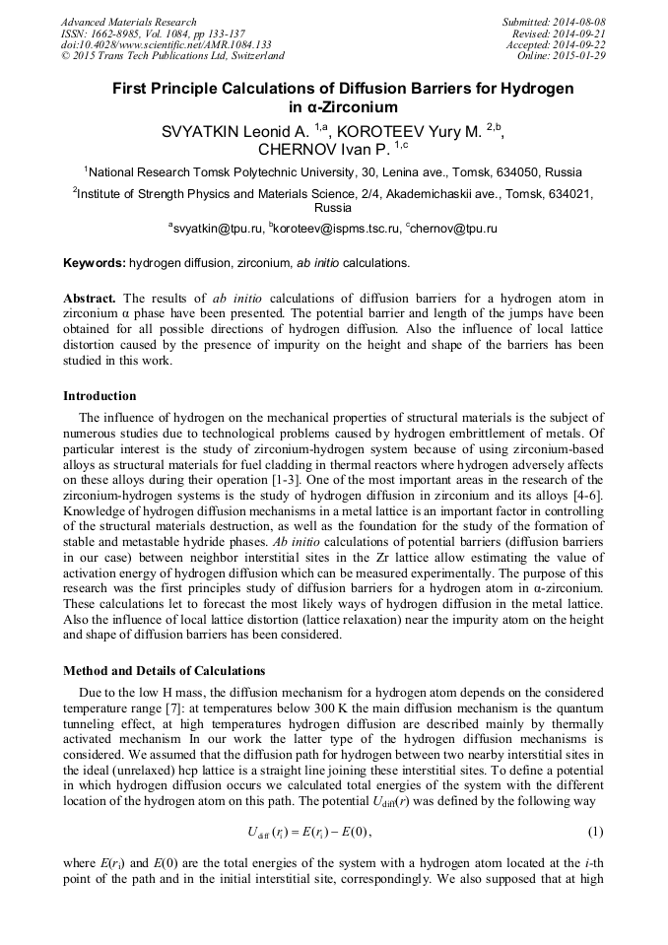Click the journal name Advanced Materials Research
pyautogui.click(x=129, y=22)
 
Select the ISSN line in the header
pyautogui.click(x=153, y=34)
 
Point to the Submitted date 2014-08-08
pyautogui.click(x=556, y=22)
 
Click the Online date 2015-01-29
pyautogui.click(x=562, y=56)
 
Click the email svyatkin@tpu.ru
pyautogui.click(x=221, y=229)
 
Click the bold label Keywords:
pyautogui.click(x=95, y=264)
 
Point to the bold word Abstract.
pyautogui.click(x=90, y=299)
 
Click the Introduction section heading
pyautogui.click(x=100, y=395)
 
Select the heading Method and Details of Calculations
pyautogui.click(x=164, y=671)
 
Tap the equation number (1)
pyautogui.click(x=595, y=833)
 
